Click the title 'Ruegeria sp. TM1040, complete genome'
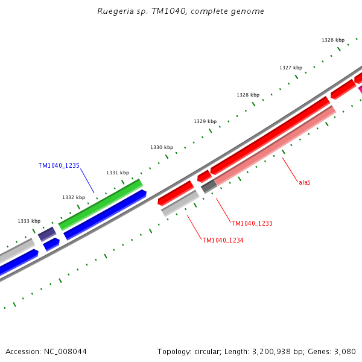pyautogui.click(x=180, y=11)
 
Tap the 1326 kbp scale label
pyautogui.click(x=332, y=40)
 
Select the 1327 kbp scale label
pyautogui.click(x=290, y=68)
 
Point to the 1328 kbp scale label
pyautogui.click(x=247, y=95)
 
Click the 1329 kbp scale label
pyautogui.click(x=205, y=121)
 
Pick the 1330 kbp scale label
pyautogui.click(x=161, y=147)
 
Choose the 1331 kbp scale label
pyautogui.click(x=117, y=173)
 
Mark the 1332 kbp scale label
pyautogui.click(x=73, y=197)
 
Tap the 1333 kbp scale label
pyautogui.click(x=29, y=221)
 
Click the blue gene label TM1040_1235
pyautogui.click(x=59, y=165)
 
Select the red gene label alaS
pyautogui.click(x=305, y=182)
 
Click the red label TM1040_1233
pyautogui.click(x=252, y=223)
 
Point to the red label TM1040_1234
pyautogui.click(x=223, y=240)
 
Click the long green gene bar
pyautogui.click(x=100, y=205)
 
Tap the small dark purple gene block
pyautogui.click(x=47, y=234)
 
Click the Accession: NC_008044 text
pyautogui.click(x=46, y=351)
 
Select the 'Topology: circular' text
pyautogui.click(x=190, y=351)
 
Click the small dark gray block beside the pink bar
pyautogui.click(x=208, y=186)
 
